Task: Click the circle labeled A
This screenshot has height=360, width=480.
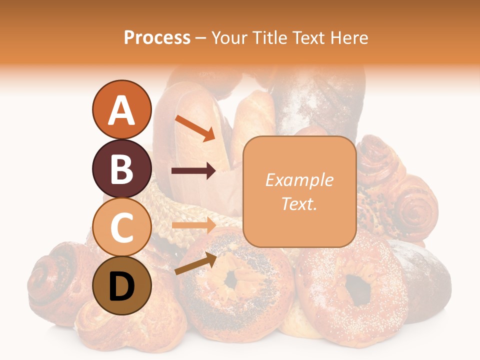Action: pyautogui.click(x=121, y=110)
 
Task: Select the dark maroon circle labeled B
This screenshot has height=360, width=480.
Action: pyautogui.click(x=121, y=168)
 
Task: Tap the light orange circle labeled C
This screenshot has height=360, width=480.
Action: pyautogui.click(x=121, y=227)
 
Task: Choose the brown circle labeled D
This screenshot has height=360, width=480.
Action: pyautogui.click(x=121, y=285)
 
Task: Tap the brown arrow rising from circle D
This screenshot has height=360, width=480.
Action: pyautogui.click(x=195, y=263)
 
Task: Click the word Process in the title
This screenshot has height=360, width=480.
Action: pyautogui.click(x=157, y=37)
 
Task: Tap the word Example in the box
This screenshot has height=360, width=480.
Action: pyautogui.click(x=299, y=180)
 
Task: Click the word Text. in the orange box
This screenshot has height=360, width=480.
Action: pyautogui.click(x=299, y=203)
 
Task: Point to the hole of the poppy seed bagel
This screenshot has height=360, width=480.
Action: pyautogui.click(x=231, y=280)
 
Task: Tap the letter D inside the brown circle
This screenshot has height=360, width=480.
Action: pyautogui.click(x=121, y=286)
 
